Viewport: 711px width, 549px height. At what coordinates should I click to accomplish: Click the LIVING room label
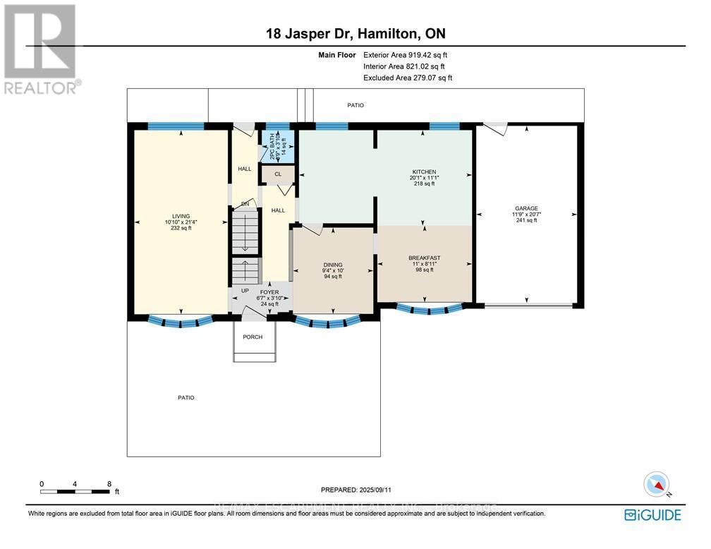[181, 216]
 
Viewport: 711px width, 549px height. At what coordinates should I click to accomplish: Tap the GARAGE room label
[526, 208]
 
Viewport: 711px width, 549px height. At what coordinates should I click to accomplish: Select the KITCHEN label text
[424, 171]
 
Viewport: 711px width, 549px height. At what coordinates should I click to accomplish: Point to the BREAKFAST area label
[424, 258]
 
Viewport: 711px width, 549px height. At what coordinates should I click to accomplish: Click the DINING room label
[332, 265]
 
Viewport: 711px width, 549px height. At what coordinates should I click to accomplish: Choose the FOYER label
[269, 291]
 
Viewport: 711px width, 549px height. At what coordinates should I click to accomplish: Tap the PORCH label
[253, 337]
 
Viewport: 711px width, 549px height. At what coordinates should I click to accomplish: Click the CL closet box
[278, 174]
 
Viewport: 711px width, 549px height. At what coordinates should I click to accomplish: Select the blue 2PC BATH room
[277, 146]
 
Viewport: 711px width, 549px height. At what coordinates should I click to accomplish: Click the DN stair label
[245, 204]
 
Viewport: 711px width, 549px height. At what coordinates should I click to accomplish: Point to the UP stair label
[245, 290]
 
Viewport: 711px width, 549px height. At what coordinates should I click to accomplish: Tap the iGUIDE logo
[653, 514]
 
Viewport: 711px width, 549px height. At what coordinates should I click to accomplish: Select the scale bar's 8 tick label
[109, 484]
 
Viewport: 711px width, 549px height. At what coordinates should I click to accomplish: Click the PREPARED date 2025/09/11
[355, 489]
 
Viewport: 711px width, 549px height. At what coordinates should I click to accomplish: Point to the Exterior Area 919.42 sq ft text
[405, 54]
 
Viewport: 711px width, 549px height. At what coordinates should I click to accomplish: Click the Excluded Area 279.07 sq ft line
[407, 78]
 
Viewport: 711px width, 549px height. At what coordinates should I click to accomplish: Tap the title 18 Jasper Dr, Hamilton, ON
[355, 34]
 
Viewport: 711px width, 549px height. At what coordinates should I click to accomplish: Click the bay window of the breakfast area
[430, 309]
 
